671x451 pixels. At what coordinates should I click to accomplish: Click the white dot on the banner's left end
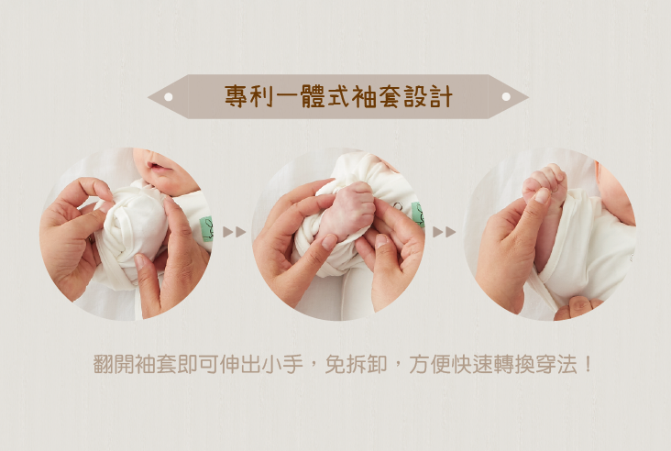pyautogui.click(x=169, y=96)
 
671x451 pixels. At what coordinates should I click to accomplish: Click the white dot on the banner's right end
pyautogui.click(x=506, y=96)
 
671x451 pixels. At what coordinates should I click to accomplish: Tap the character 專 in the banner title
pyautogui.click(x=236, y=96)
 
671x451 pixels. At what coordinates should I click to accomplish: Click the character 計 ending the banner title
pyautogui.click(x=442, y=96)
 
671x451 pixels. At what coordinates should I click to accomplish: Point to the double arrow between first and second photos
pyautogui.click(x=235, y=232)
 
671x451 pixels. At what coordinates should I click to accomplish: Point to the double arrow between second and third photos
pyautogui.click(x=445, y=232)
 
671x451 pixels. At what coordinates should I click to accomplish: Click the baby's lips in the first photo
pyautogui.click(x=155, y=167)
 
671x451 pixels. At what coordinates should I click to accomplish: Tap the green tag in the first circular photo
pyautogui.click(x=206, y=229)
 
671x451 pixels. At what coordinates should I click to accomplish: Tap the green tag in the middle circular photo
pyautogui.click(x=418, y=214)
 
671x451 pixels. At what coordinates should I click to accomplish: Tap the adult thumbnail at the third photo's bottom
pyautogui.click(x=579, y=304)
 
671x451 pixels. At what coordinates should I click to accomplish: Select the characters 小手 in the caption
pyautogui.click(x=281, y=364)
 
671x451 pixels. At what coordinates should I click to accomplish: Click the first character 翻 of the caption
pyautogui.click(x=104, y=364)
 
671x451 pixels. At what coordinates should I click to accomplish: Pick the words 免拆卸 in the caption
pyautogui.click(x=356, y=364)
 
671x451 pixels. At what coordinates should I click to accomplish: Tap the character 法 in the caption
pyautogui.click(x=566, y=364)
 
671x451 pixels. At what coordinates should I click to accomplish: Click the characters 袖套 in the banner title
pyautogui.click(x=378, y=96)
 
